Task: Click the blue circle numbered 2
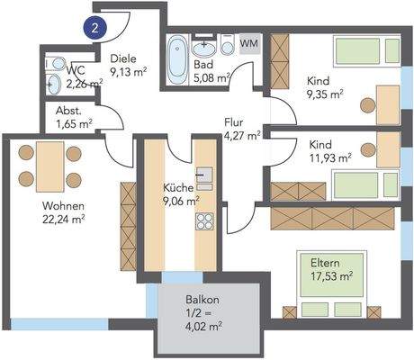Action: (x=95, y=29)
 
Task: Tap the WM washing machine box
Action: (x=249, y=43)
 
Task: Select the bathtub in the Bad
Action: (x=177, y=59)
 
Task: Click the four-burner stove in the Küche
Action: (x=204, y=221)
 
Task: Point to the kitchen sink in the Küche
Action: (x=204, y=175)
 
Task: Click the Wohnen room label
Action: (x=63, y=206)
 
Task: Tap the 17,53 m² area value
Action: (x=331, y=276)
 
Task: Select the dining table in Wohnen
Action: (x=49, y=166)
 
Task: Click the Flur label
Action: (x=234, y=122)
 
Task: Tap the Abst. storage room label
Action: (x=68, y=111)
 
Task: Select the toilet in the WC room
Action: (x=57, y=63)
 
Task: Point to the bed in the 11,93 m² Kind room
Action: (x=365, y=185)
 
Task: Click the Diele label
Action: (x=123, y=58)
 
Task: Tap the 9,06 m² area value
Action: (x=181, y=202)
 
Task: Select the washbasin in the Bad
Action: (x=203, y=48)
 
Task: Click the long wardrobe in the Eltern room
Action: (x=332, y=219)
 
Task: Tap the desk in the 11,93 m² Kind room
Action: (x=388, y=149)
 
